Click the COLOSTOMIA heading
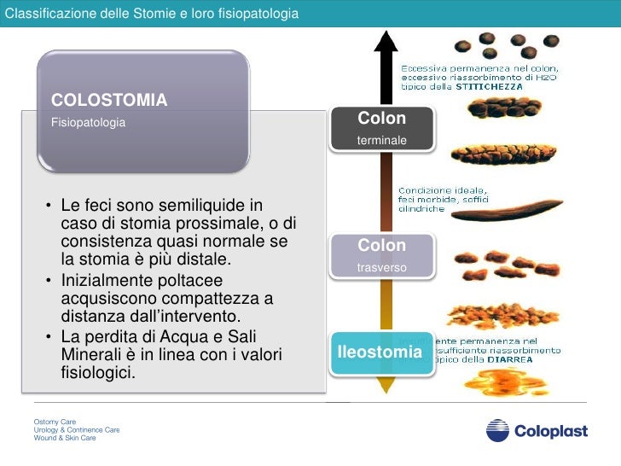(x=109, y=100)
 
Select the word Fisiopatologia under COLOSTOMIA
(x=89, y=123)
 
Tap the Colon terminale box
(x=382, y=127)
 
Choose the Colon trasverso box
(x=382, y=255)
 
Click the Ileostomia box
(x=380, y=352)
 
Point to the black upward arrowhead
(x=386, y=40)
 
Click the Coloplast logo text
(x=550, y=431)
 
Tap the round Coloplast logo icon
(x=497, y=430)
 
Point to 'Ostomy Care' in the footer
(x=55, y=422)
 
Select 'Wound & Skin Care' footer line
(x=65, y=438)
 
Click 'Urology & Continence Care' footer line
(x=77, y=429)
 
